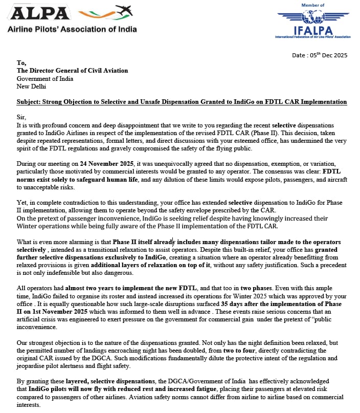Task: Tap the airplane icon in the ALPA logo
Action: [123, 10]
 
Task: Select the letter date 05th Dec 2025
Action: [321, 55]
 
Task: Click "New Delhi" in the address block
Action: [31, 86]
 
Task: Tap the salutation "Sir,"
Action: [21, 117]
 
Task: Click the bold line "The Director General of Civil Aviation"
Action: [72, 71]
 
